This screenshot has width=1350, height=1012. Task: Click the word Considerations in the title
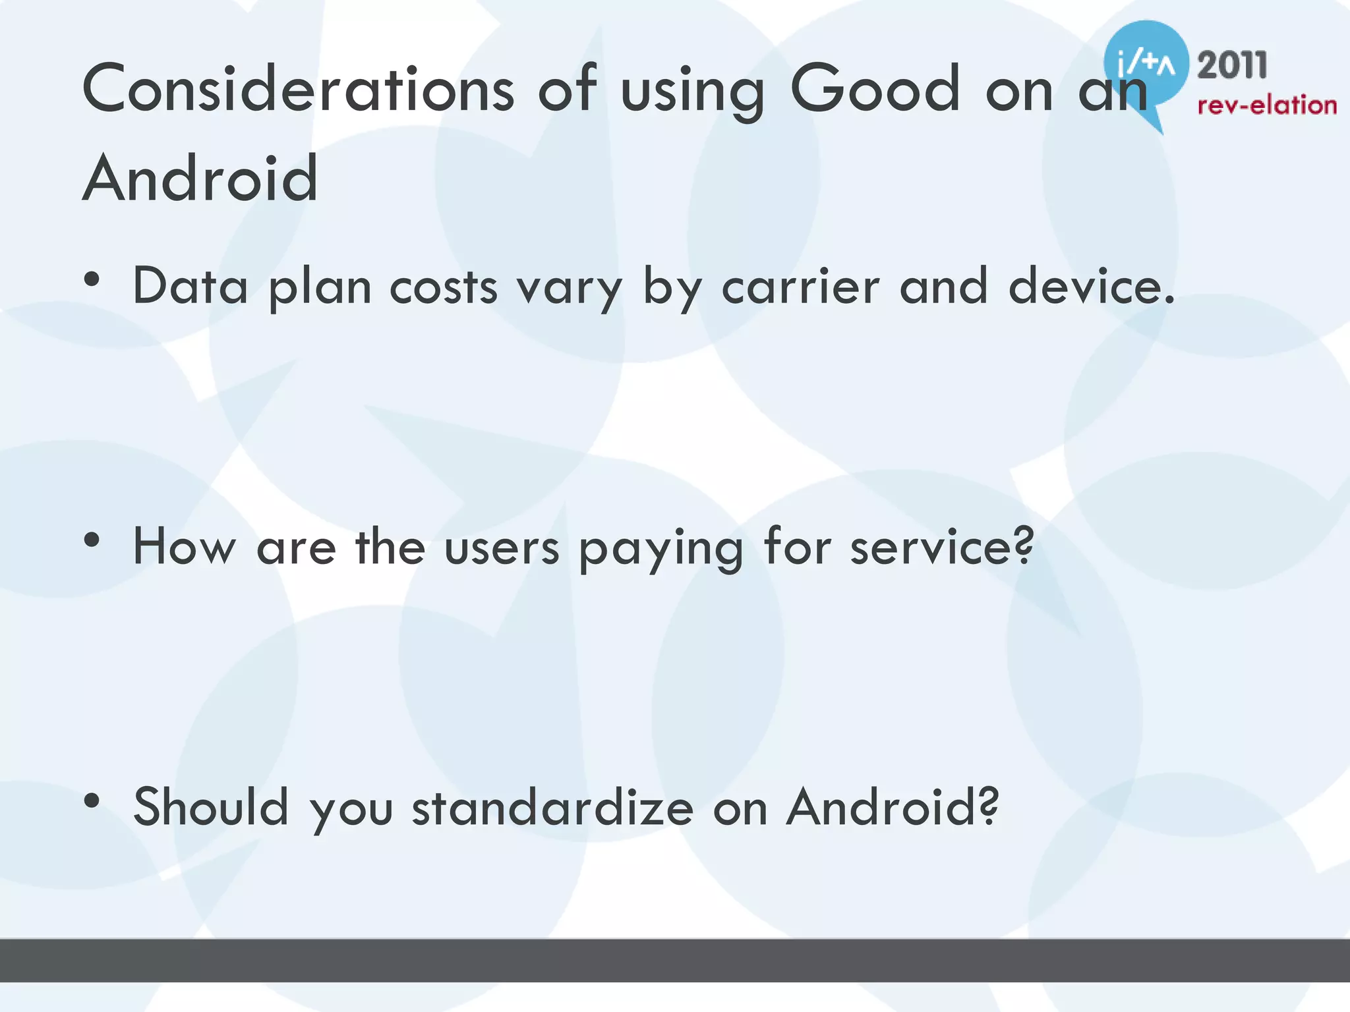point(298,88)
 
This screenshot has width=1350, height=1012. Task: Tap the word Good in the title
point(875,88)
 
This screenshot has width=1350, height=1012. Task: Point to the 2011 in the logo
point(1232,65)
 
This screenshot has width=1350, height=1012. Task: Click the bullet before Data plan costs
point(92,279)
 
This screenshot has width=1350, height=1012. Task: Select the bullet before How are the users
point(92,540)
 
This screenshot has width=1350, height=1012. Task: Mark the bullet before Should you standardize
point(92,801)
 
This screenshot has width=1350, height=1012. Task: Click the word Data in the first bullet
point(191,287)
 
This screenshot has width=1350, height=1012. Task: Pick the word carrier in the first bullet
point(800,287)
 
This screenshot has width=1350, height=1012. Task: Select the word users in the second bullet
point(502,548)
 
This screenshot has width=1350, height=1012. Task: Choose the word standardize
point(552,807)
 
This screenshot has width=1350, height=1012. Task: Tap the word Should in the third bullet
point(211,807)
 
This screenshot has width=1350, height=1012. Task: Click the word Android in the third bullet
point(892,807)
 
